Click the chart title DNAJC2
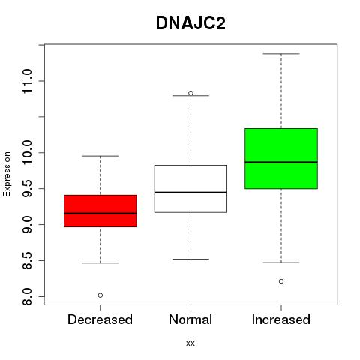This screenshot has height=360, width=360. [190, 23]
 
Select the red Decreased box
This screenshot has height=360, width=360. [100, 211]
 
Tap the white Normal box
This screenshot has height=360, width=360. [190, 189]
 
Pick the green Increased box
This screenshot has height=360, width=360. [281, 158]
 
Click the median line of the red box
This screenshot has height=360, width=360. [100, 214]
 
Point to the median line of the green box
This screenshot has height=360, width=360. [281, 162]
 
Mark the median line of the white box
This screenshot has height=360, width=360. [190, 193]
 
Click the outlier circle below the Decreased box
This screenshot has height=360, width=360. [100, 295]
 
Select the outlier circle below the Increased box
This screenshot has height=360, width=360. [281, 281]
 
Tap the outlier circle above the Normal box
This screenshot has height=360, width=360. [190, 93]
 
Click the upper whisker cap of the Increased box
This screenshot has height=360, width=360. [281, 54]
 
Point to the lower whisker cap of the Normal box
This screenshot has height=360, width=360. [190, 259]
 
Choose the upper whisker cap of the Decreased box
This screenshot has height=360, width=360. [100, 156]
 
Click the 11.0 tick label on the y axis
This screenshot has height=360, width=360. [27, 81]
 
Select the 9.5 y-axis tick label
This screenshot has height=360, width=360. [27, 189]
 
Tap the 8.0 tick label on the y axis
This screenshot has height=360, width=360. [27, 296]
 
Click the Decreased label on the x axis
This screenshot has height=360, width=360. [100, 319]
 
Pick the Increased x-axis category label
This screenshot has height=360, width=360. [281, 319]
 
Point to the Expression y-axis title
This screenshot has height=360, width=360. [7, 174]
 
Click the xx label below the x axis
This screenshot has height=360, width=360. [190, 343]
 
